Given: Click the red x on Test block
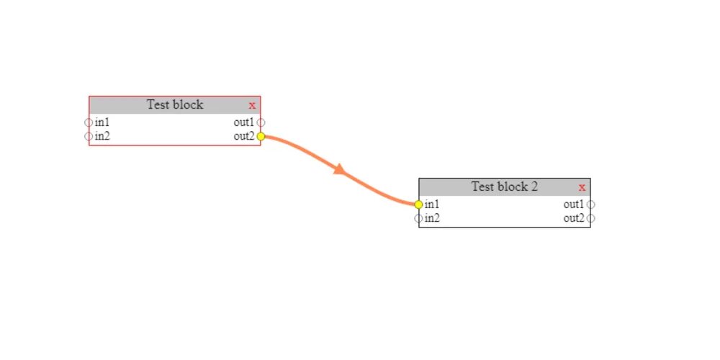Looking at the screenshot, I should coord(252,105).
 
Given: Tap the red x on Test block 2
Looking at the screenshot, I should coord(582,187).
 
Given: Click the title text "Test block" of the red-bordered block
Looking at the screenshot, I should coord(175,104).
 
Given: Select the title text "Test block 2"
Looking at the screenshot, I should coord(504,186).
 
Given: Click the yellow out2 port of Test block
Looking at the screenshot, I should coord(261,136).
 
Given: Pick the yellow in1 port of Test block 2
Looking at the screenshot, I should coord(418,204).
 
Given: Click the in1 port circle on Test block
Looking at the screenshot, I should coord(89,122).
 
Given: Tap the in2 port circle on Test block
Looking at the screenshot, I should coord(89,136).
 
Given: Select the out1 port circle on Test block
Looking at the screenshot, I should coord(261,122).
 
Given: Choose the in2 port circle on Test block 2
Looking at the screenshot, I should coord(418,218).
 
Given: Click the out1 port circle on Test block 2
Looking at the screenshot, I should coord(590,204).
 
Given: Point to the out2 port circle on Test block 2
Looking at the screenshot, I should coord(590,218).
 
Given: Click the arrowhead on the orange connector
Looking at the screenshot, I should coord(339,170).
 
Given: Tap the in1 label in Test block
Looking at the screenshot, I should coord(102,122).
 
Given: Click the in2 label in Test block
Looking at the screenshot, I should coord(102,136).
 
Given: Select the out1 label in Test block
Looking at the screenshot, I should coord(243,122).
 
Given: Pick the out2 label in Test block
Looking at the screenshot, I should coord(243,136).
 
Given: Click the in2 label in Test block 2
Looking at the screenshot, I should coord(432,218).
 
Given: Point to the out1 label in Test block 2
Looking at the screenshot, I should coord(573,204).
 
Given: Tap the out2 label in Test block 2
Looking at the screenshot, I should coord(573,218).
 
